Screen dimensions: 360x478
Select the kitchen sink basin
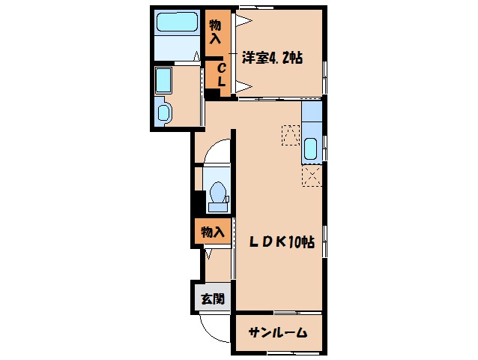pyautogui.click(x=312, y=147)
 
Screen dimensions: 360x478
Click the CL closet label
pyautogui.click(x=222, y=74)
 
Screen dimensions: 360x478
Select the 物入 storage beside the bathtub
pyautogui.click(x=215, y=31)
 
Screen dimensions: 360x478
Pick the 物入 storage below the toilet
pyautogui.click(x=212, y=232)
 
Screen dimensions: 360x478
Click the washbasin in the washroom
pyautogui.click(x=163, y=112)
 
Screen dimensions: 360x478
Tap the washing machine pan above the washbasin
pyautogui.click(x=162, y=79)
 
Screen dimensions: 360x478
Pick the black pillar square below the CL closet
pyautogui.click(x=213, y=94)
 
